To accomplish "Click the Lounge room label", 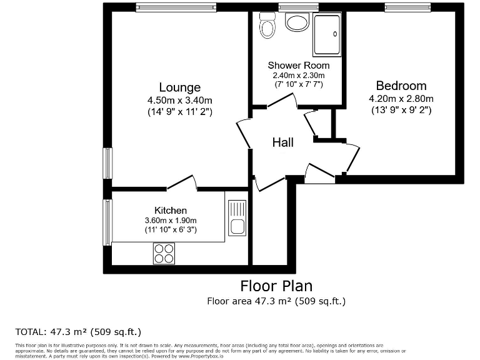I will click(179, 87).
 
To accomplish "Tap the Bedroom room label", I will click(401, 86).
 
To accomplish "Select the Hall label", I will click(282, 142).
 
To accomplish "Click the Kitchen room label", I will click(170, 211).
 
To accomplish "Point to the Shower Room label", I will click(298, 66).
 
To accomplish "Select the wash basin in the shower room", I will click(297, 22).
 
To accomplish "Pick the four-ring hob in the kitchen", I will click(164, 253).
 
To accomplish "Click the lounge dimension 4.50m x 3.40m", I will click(179, 100).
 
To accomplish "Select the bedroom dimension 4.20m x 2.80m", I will click(401, 98).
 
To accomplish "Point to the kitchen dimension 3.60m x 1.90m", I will click(171, 221).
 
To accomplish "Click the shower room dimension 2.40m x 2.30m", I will click(298, 75).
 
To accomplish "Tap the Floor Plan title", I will click(276, 286).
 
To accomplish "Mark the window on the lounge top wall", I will click(176, 7).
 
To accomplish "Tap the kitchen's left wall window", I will click(107, 222).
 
